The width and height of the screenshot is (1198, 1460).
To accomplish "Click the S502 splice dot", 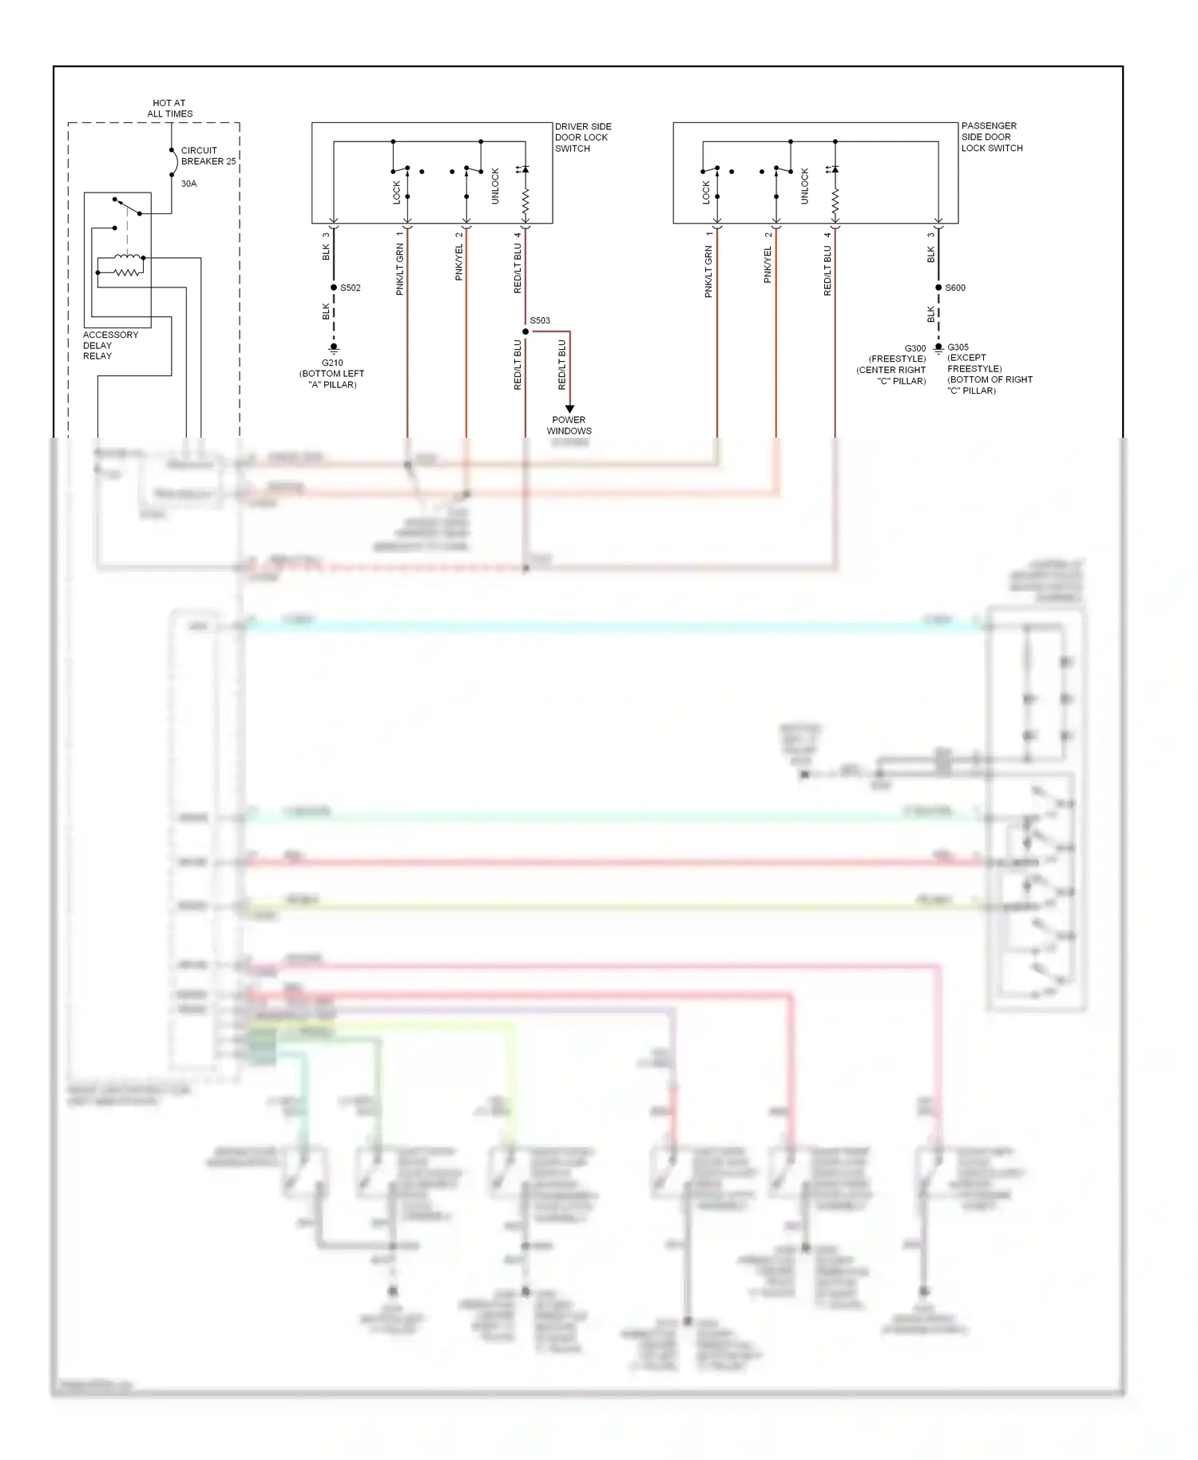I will click(x=334, y=288).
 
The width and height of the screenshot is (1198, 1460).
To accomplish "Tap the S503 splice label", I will click(x=541, y=320).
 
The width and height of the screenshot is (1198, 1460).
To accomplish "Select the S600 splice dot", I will click(x=938, y=288).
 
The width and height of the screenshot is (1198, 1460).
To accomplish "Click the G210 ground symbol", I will click(x=334, y=348).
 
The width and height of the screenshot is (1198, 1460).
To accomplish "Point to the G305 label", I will click(x=958, y=347).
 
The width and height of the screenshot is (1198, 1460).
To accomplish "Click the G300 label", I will click(x=915, y=348).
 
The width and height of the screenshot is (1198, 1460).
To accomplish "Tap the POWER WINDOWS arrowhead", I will click(x=569, y=408).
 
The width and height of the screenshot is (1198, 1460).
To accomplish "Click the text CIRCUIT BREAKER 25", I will click(x=208, y=156).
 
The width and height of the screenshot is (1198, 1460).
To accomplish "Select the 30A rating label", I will click(x=188, y=184).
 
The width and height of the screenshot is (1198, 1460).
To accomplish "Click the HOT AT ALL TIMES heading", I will click(x=169, y=109).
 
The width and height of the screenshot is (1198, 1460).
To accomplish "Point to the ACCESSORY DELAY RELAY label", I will click(x=110, y=345).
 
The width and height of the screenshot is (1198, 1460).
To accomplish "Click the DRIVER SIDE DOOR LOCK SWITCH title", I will click(x=583, y=137).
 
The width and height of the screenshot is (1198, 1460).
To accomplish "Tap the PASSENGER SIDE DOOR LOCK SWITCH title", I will click(x=991, y=137).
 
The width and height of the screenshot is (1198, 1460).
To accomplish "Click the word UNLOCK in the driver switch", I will click(x=495, y=185).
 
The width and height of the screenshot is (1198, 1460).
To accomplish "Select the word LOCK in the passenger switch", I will click(x=706, y=192).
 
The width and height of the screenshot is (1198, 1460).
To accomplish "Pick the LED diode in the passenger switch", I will click(x=835, y=169).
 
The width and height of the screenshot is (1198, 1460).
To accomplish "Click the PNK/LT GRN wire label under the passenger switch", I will click(x=708, y=272).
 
